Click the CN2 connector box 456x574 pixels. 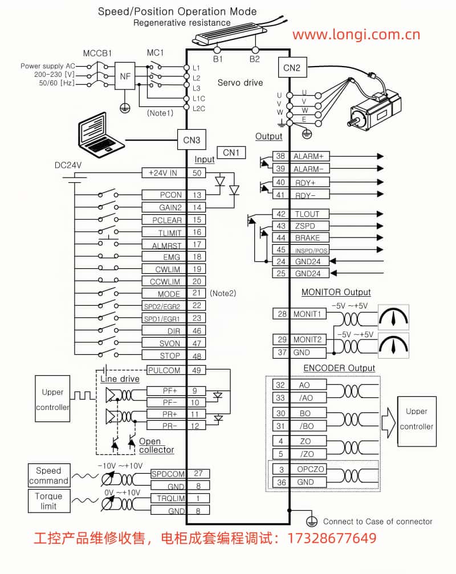pyautogui.click(x=291, y=68)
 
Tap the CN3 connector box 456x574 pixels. pyautogui.click(x=191, y=138)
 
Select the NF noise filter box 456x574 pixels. pyautogui.click(x=124, y=76)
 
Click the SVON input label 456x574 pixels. pyautogui.click(x=169, y=343)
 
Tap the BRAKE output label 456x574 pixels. pyautogui.click(x=307, y=238)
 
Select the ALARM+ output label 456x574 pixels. pyautogui.click(x=308, y=156)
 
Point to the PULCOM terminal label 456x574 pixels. pyautogui.click(x=164, y=370)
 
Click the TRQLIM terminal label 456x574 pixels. pyautogui.click(x=169, y=498)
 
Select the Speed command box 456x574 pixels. pyautogui.click(x=48, y=475)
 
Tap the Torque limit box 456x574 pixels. pyautogui.click(x=48, y=501)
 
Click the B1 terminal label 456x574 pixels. pyautogui.click(x=218, y=59)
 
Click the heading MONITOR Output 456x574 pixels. pyautogui.click(x=336, y=292)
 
